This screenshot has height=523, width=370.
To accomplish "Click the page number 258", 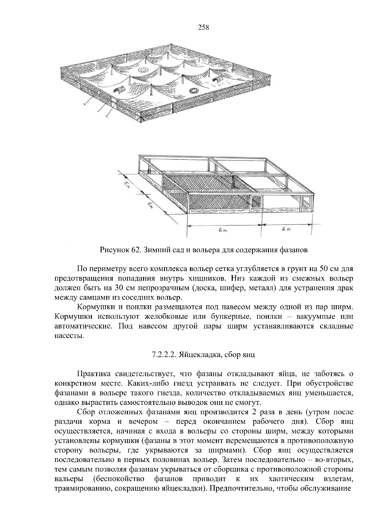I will point(203,28).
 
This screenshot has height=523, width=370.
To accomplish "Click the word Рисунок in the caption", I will point(113,249).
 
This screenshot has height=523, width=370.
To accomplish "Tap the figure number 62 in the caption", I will point(135,249).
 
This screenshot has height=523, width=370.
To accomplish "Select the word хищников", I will point(198,278).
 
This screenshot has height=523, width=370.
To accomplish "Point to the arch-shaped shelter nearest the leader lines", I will point(118,90).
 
